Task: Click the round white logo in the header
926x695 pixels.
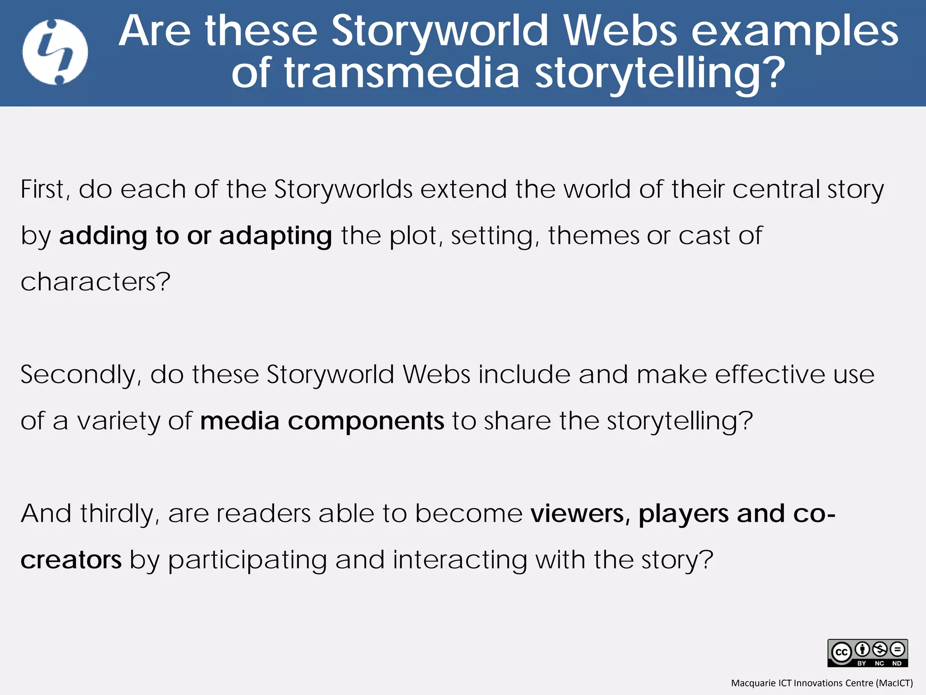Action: coord(55,52)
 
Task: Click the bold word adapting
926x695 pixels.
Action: coord(276,236)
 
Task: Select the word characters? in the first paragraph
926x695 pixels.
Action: coord(95,282)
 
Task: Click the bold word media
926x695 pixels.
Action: coord(240,421)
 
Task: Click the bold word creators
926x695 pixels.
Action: coord(71,560)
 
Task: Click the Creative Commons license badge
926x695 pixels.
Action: coord(867,652)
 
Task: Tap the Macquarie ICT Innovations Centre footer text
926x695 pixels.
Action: coord(822,683)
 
